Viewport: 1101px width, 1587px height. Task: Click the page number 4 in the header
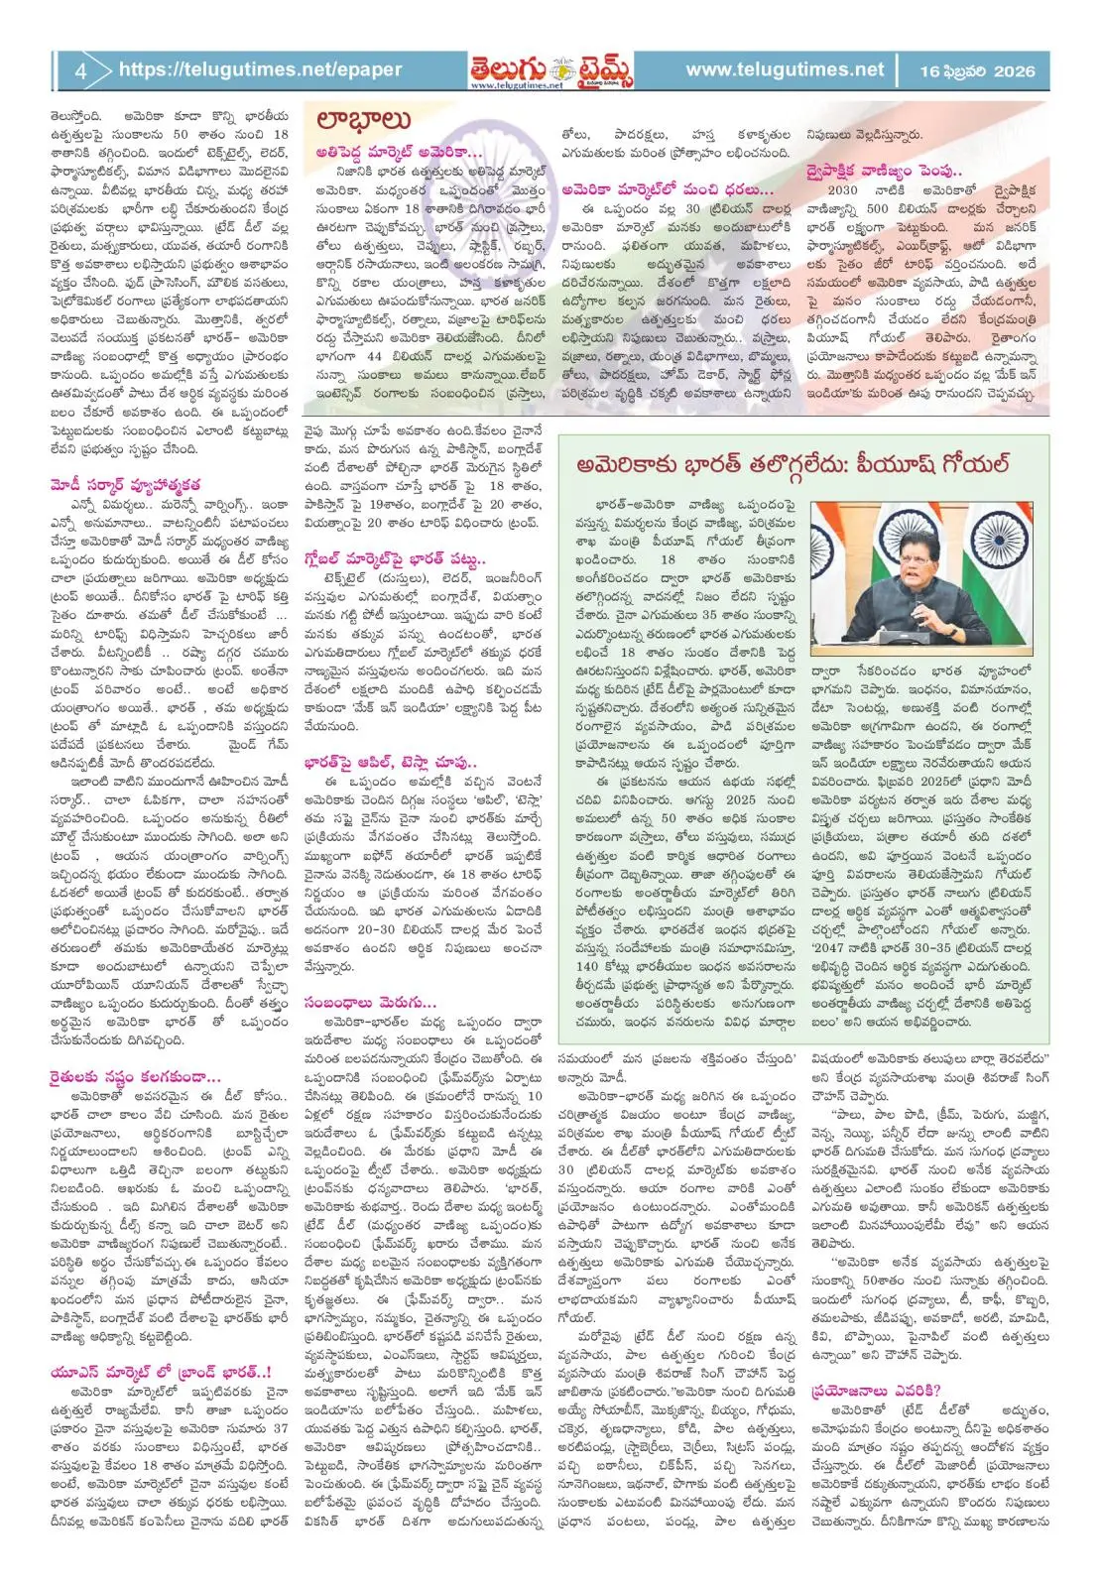click(x=80, y=70)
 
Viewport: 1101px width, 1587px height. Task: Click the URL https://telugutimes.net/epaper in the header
click(x=260, y=69)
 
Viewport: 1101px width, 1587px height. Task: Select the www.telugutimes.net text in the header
click(x=784, y=69)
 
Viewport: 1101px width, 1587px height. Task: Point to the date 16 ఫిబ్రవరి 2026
click(x=976, y=70)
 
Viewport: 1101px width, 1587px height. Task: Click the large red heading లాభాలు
click(x=363, y=120)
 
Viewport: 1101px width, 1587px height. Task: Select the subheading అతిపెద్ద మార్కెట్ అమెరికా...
click(x=398, y=153)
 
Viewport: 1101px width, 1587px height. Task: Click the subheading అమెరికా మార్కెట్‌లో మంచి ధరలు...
click(x=666, y=188)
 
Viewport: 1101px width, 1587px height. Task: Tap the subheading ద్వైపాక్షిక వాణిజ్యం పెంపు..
click(x=884, y=171)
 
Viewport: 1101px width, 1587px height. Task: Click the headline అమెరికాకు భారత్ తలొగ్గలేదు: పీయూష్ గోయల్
click(x=794, y=463)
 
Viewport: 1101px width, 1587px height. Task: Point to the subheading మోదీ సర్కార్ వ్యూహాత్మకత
click(x=125, y=485)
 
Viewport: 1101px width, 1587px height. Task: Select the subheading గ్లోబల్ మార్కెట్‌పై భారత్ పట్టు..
click(x=394, y=558)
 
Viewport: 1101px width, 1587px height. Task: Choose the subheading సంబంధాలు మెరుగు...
click(x=369, y=1002)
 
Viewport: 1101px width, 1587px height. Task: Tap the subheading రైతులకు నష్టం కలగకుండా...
click(x=135, y=1076)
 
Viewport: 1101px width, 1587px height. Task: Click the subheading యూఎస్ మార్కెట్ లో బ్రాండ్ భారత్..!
click(x=161, y=1372)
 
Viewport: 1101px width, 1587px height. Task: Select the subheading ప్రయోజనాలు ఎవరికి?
click(x=875, y=1391)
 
